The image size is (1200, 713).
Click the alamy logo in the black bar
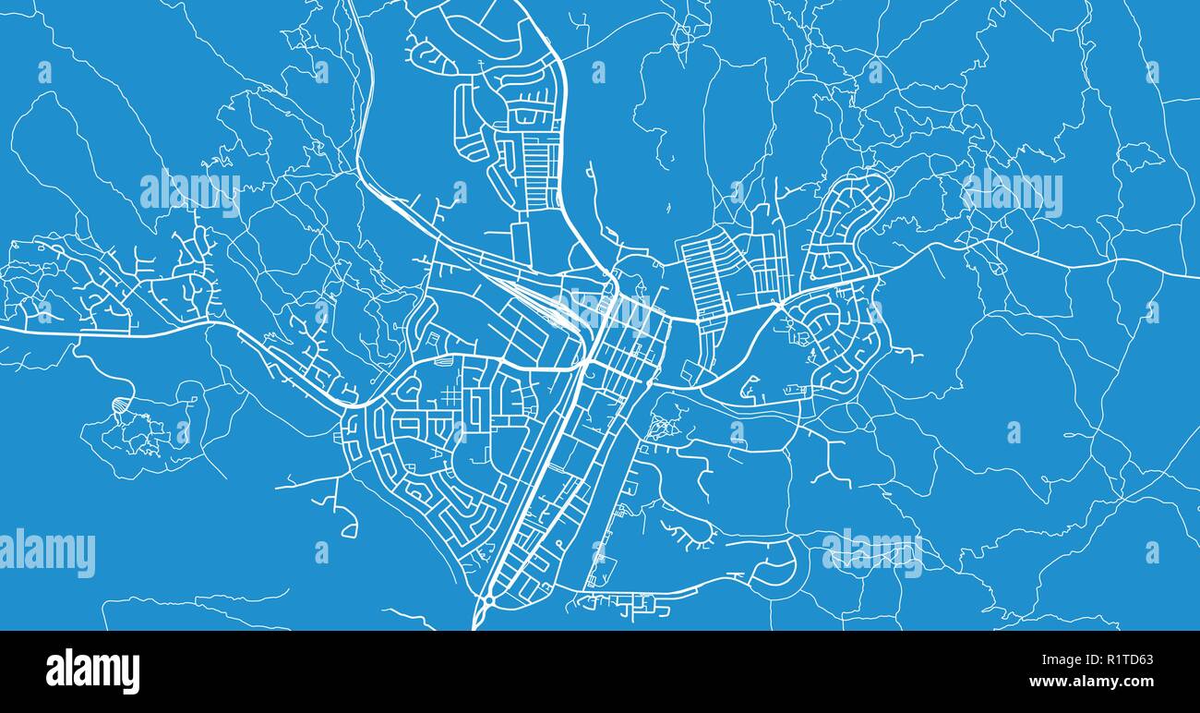(x=92, y=671)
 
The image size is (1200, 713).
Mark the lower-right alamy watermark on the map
(x=871, y=552)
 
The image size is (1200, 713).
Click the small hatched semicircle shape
(x=122, y=405)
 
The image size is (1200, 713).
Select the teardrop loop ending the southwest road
(x=349, y=529)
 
